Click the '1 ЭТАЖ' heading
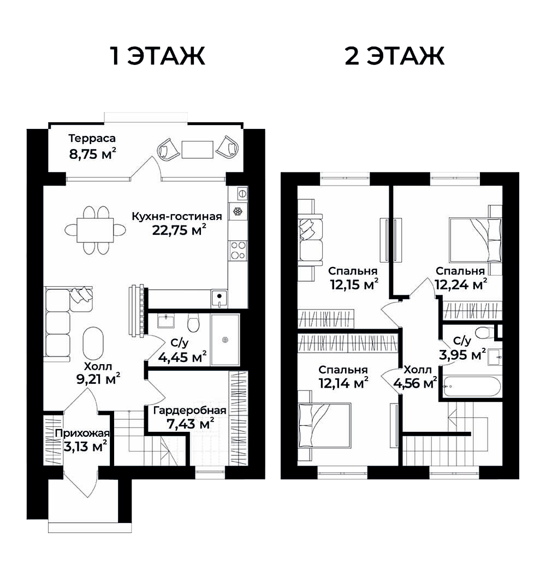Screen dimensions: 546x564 [x=157, y=56]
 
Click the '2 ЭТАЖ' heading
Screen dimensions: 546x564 [x=395, y=56]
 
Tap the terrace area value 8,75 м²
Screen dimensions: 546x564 [x=92, y=154]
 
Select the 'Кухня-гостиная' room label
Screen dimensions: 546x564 [x=176, y=216]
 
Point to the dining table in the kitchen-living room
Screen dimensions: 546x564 [x=95, y=230]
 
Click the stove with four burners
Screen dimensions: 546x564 [x=238, y=250]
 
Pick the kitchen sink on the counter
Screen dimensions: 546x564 [x=219, y=298]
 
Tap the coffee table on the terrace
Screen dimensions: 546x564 [x=198, y=149]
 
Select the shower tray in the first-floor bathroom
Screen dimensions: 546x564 [x=225, y=340]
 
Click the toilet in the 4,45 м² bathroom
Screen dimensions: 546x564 [x=193, y=323]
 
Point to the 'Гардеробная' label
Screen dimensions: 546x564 [x=189, y=411]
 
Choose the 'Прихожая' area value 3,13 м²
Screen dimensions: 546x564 [x=85, y=447]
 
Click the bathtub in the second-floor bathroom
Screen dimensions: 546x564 [x=472, y=387]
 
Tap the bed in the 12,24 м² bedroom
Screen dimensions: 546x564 [x=475, y=240]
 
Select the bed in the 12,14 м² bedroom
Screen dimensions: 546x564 [x=324, y=425]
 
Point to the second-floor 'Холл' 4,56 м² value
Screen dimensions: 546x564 [x=415, y=383]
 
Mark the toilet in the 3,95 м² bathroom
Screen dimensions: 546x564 [x=485, y=331]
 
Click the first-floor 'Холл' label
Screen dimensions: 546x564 [x=98, y=366]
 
